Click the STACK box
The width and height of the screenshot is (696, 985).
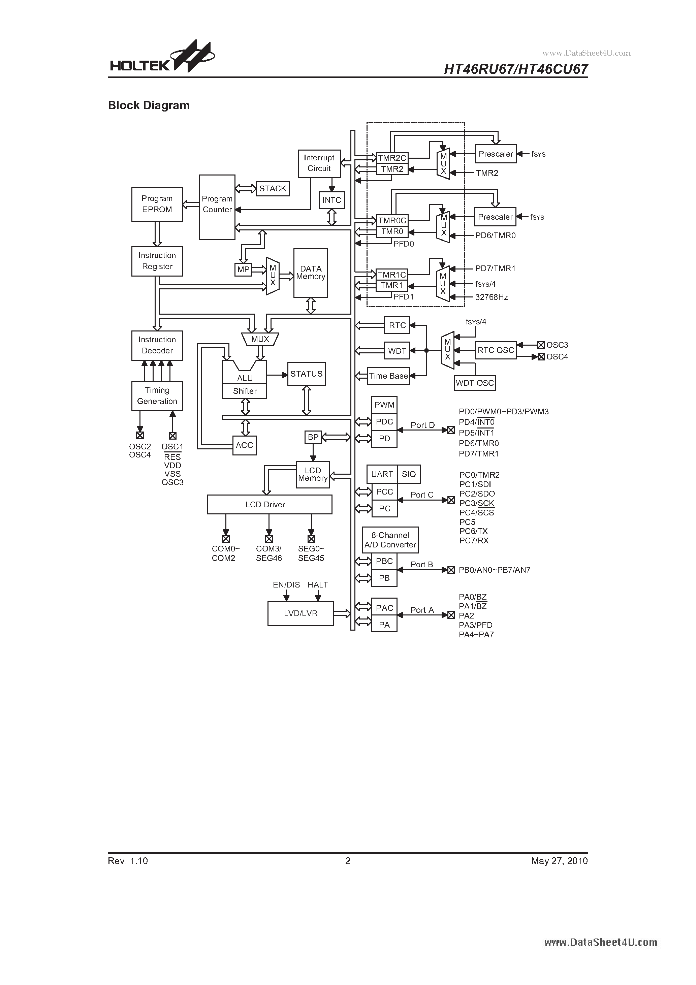[273, 189]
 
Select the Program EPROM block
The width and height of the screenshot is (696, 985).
[157, 204]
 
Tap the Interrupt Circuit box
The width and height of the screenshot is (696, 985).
[319, 163]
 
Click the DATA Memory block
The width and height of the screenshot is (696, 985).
[311, 273]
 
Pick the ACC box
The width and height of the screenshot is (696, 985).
[245, 445]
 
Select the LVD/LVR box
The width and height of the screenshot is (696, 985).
[300, 613]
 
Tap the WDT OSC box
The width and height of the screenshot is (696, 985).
[475, 383]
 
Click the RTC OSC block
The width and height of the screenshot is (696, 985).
[496, 350]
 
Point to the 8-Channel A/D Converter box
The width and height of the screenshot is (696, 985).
[390, 540]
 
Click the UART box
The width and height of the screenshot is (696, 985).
[382, 474]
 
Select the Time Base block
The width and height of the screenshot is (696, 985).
[388, 376]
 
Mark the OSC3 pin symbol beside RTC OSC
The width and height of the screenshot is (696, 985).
[541, 345]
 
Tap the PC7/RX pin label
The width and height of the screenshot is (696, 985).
[474, 541]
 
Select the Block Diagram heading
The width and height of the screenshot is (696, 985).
[149, 105]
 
